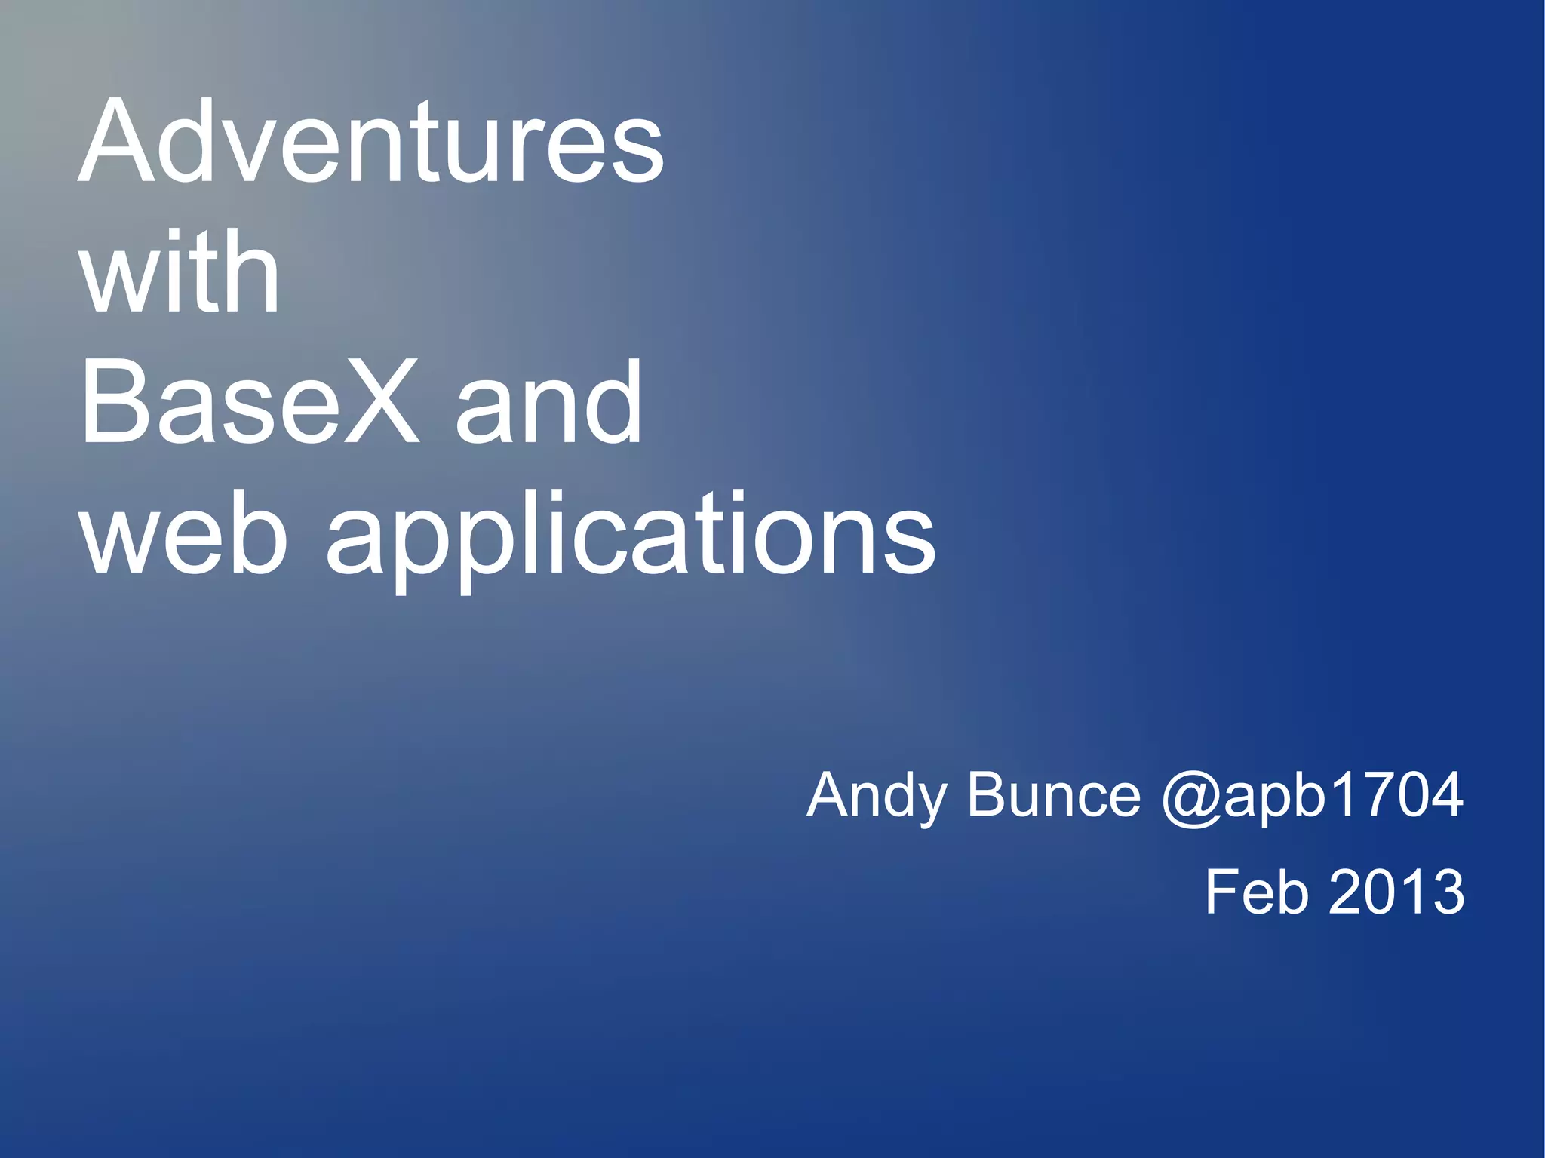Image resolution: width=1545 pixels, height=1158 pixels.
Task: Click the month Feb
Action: [1256, 892]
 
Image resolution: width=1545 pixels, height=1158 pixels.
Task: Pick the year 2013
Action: [1396, 892]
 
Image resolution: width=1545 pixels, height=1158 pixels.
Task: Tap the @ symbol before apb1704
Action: [1190, 798]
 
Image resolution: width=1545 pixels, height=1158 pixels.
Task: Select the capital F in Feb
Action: [1221, 892]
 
